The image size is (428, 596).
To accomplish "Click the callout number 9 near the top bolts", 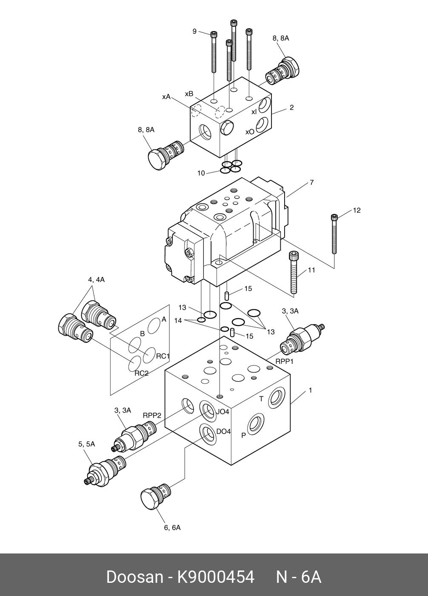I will tap(194, 31).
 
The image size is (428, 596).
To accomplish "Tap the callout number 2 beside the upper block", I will tap(291, 108).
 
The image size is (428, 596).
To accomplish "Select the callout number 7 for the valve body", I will tap(311, 183).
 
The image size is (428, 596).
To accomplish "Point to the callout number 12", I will tap(357, 210).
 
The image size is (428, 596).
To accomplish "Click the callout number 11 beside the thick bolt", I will tap(311, 270).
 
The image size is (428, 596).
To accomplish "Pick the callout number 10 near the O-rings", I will tap(201, 173).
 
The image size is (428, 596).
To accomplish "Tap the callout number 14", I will tap(178, 320).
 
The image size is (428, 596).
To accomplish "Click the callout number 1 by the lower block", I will tap(311, 390).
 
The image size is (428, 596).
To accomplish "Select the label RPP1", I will tap(285, 362).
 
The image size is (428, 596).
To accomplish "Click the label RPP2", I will tap(152, 415).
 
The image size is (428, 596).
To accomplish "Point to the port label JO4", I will tap(223, 412).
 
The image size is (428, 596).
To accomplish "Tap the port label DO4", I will tap(223, 431).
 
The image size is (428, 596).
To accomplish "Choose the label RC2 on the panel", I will tap(141, 374).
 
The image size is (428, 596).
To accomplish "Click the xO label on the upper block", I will tap(250, 132).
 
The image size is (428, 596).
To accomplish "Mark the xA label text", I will tap(166, 97).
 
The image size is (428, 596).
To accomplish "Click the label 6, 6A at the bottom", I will tap(172, 528).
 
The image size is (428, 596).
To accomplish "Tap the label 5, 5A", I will tap(86, 444).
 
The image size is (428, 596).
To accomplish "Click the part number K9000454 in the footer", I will tap(216, 577).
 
